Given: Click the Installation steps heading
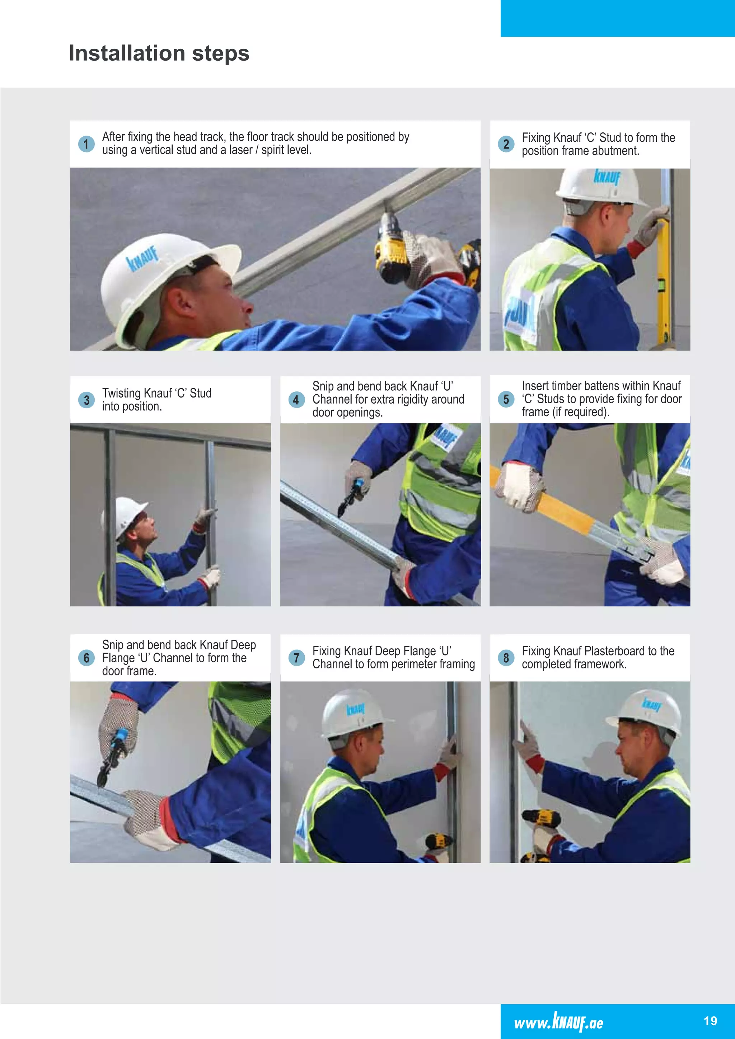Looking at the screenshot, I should (159, 53).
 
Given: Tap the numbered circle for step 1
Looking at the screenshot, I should (86, 144).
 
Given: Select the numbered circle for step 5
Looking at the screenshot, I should (506, 400).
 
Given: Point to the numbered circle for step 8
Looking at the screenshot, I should (506, 658).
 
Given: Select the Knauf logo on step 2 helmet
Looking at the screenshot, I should (607, 177).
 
